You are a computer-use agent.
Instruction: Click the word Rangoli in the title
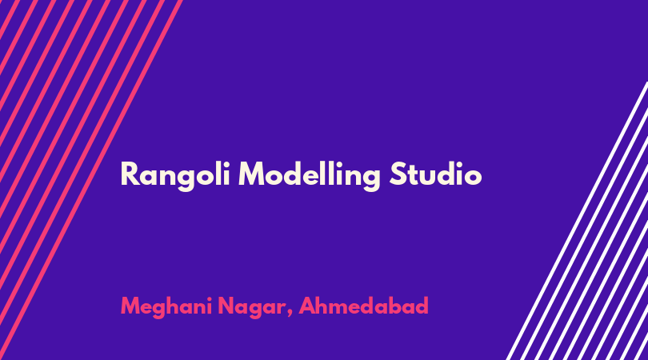coord(175,176)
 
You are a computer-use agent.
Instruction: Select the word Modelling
coord(310,176)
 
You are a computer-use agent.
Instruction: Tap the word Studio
coord(435,174)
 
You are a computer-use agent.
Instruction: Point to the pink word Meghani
coord(166,307)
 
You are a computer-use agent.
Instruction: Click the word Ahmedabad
coord(364,306)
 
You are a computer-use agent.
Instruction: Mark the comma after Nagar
coord(290,314)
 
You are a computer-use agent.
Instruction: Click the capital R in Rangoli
coord(129,174)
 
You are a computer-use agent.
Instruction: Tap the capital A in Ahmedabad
coord(308,306)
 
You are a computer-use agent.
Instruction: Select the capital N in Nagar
coord(227,306)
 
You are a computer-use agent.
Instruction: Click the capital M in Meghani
coord(133,306)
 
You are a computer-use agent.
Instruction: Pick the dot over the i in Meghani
coord(209,299)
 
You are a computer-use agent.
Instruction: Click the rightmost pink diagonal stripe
coord(91,180)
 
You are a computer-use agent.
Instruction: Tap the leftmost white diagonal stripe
coord(577,221)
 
